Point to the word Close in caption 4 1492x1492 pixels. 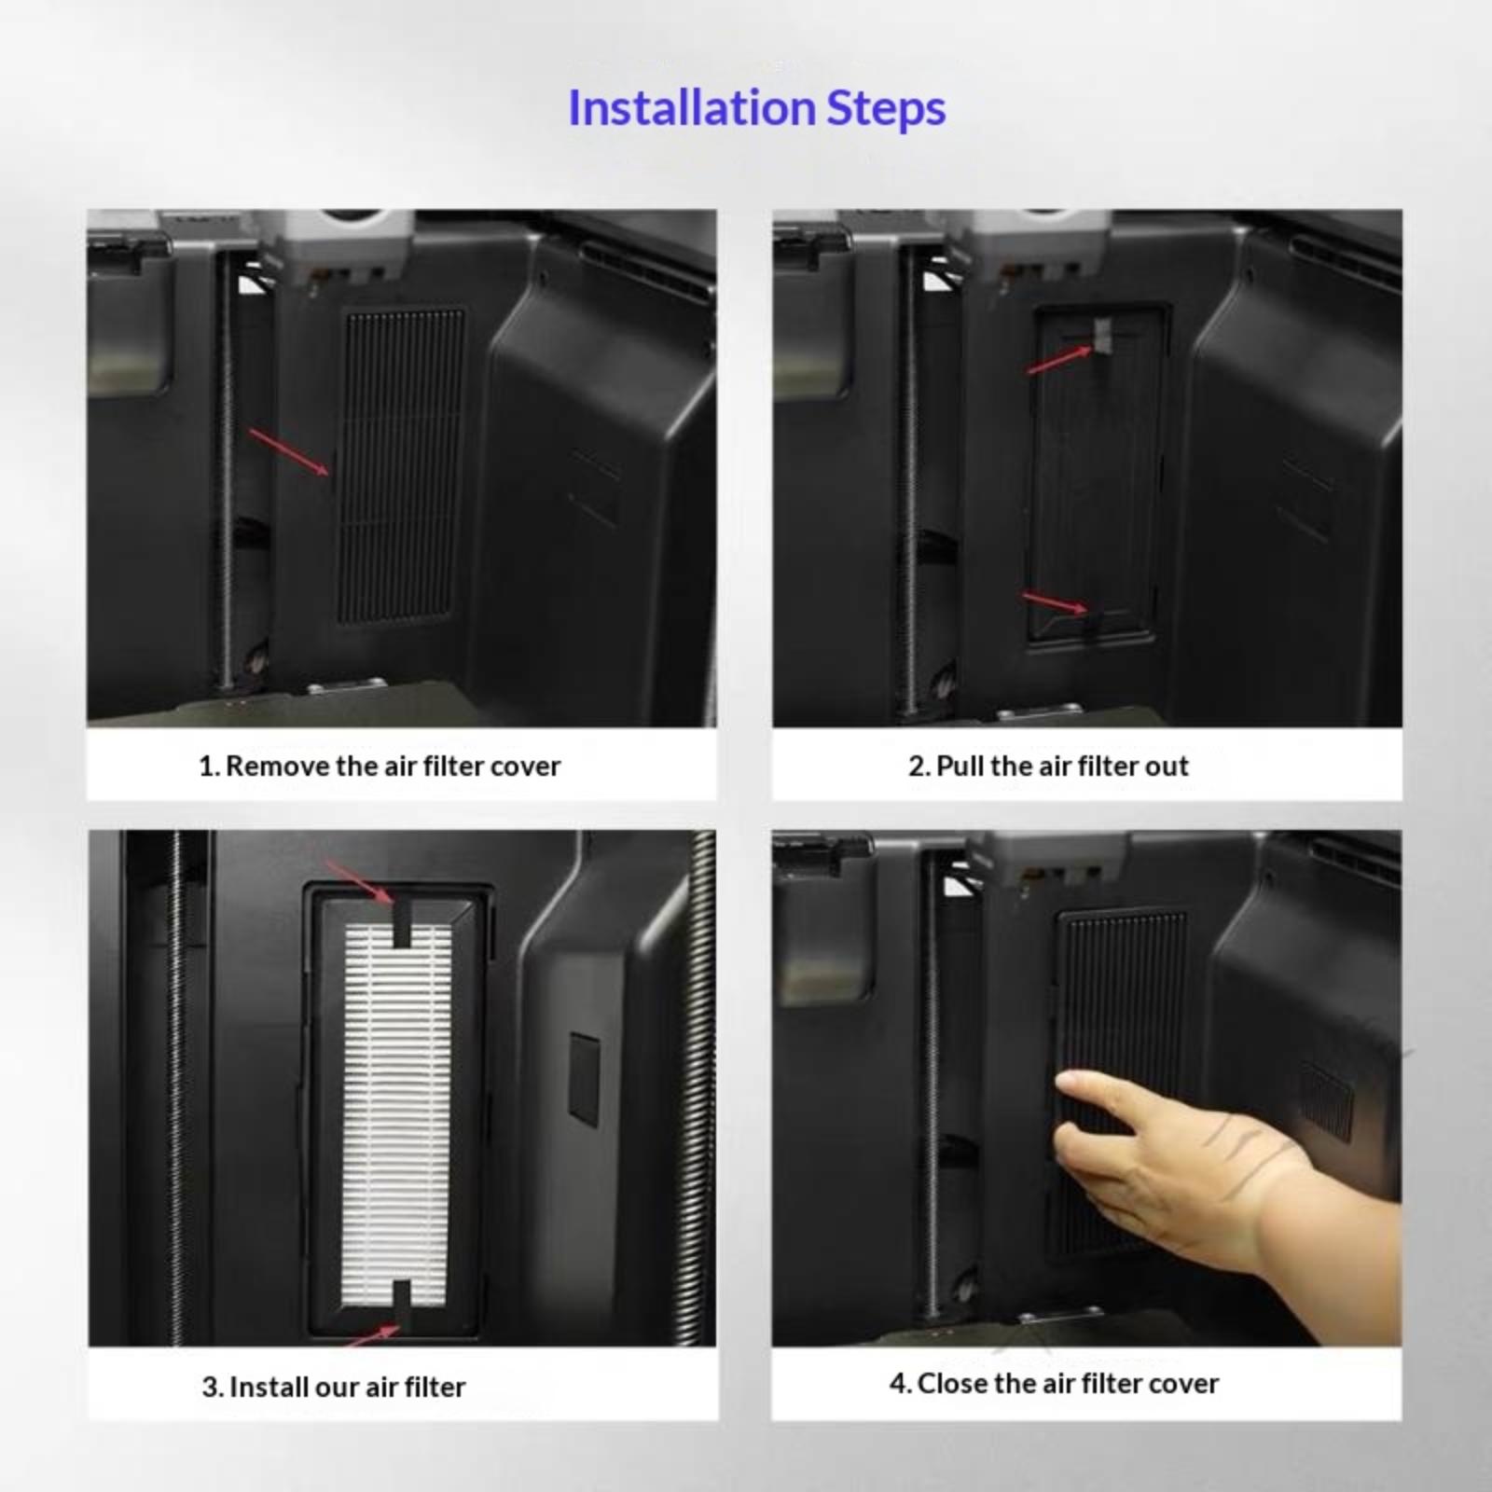point(949,1383)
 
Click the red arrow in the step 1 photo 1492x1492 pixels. point(289,452)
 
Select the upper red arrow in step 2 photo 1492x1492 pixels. point(1059,360)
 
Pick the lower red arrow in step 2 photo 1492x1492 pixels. point(1055,602)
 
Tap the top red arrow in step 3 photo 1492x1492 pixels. point(359,881)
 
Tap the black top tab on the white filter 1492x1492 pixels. point(402,923)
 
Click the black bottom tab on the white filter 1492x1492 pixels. point(402,1304)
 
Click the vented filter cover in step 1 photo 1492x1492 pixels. point(402,465)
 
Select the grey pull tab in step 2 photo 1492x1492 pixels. point(1103,336)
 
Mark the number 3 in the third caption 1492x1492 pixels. point(210,1387)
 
